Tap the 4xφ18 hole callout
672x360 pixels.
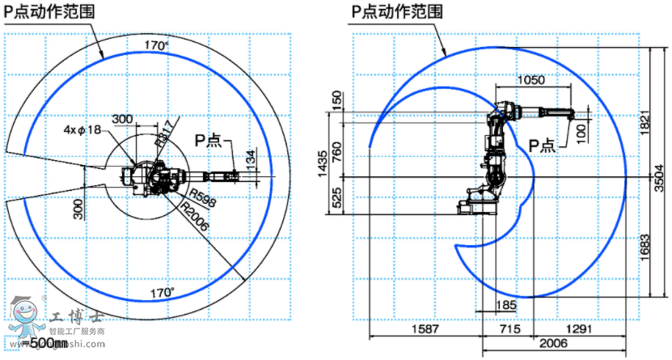80,129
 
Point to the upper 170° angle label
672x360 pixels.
155,46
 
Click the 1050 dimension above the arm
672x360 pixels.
530,81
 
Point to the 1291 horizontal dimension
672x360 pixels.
578,329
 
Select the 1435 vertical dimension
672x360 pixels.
323,163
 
